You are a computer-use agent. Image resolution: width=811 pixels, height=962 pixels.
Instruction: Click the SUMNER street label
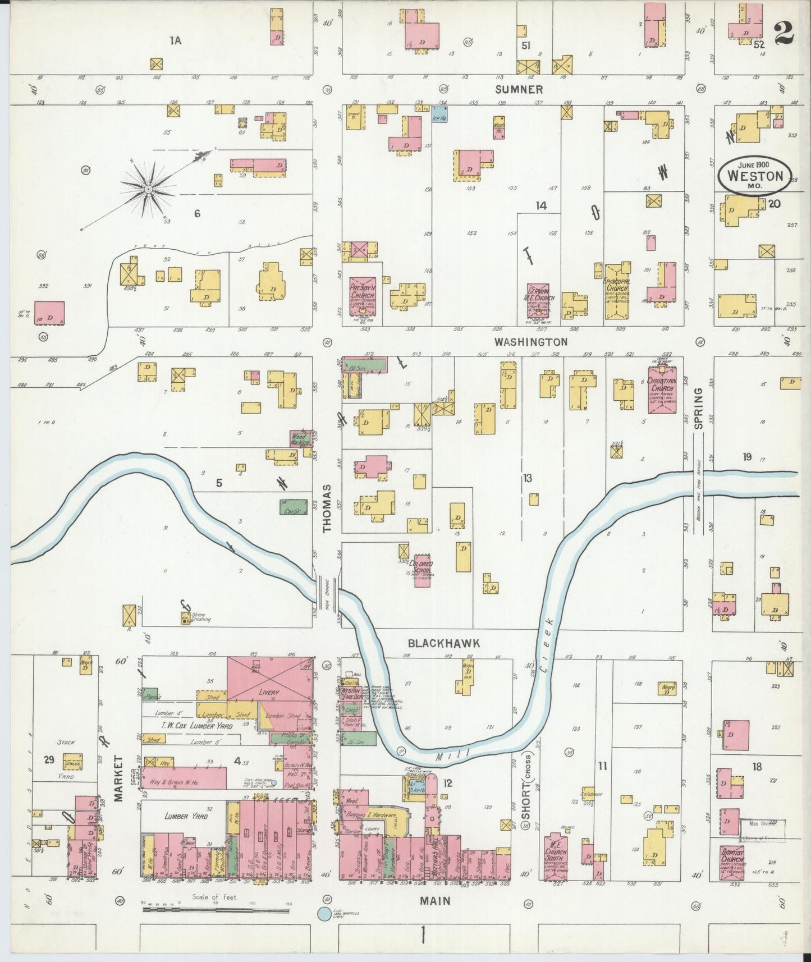[519, 89]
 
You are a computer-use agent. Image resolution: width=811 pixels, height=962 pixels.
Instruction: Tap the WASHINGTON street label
[530, 341]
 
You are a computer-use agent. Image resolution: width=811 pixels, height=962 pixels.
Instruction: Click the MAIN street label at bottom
[436, 900]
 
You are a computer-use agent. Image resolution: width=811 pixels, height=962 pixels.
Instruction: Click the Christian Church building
[662, 390]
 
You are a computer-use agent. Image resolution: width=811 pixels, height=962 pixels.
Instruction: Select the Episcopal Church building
[616, 292]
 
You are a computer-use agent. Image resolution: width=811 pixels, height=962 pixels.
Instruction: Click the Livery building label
[269, 693]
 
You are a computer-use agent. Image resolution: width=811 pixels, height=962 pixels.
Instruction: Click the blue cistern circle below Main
[323, 914]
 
